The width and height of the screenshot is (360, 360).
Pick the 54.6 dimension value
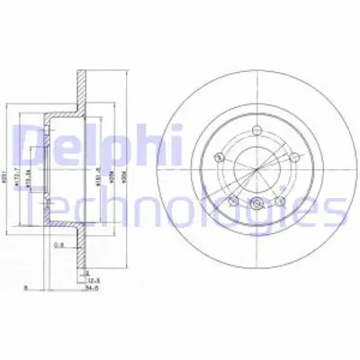[x=94, y=291]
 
